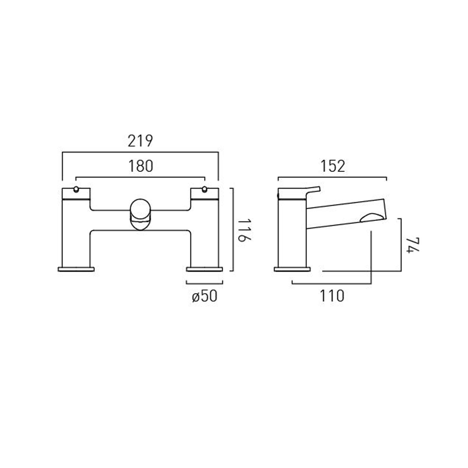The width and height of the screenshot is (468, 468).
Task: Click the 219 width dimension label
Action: tap(140, 141)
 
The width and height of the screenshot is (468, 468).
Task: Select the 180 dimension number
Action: tap(141, 166)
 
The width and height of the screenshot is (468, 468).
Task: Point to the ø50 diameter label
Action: tap(204, 296)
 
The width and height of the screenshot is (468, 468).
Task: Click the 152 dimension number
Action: tap(333, 166)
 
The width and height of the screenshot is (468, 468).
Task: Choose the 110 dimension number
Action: tap(332, 296)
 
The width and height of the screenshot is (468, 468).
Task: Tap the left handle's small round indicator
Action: tap(76, 189)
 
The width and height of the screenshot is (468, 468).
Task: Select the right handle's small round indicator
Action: tap(205, 189)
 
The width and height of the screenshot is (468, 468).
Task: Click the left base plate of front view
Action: tap(76, 269)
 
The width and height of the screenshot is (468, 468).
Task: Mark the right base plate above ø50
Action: tap(204, 269)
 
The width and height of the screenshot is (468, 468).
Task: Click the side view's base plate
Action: tap(292, 269)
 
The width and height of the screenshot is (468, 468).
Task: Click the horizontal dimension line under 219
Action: tap(140, 152)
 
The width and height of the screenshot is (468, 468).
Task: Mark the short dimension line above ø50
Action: tap(204, 284)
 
